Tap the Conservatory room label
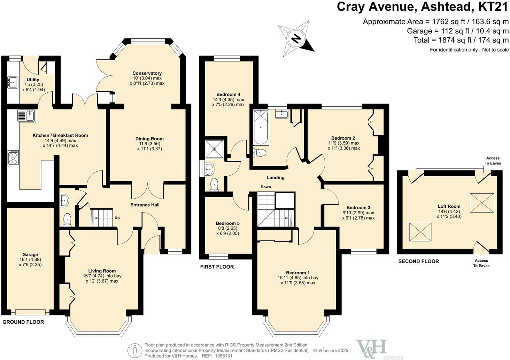pyautogui.click(x=147, y=73)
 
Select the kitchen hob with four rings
pyautogui.click(x=13, y=158)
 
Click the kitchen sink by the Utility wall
pyautogui.click(x=26, y=116)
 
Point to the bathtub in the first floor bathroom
pyautogui.click(x=261, y=128)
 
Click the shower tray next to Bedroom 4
pyautogui.click(x=215, y=148)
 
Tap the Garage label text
pyautogui.click(x=30, y=255)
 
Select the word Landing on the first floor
pyautogui.click(x=276, y=177)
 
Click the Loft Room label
pyautogui.click(x=449, y=206)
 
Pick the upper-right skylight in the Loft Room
pyautogui.click(x=482, y=202)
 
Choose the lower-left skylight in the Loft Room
pyautogui.click(x=420, y=232)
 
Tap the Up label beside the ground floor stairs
pyautogui.click(x=117, y=218)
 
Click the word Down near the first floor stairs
pyautogui.click(x=266, y=187)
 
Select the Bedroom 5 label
pyautogui.click(x=227, y=223)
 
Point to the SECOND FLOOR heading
pyautogui.click(x=418, y=261)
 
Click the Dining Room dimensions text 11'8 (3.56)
pyautogui.click(x=149, y=144)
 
